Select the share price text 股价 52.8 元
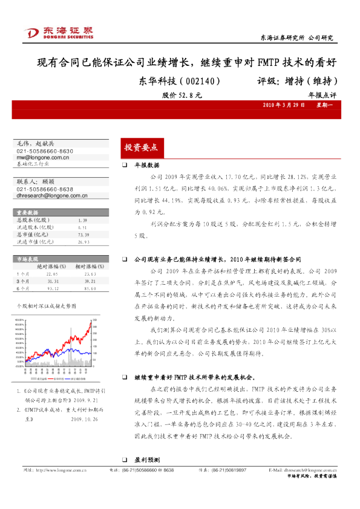pos(182,95)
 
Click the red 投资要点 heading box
pos(140,147)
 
